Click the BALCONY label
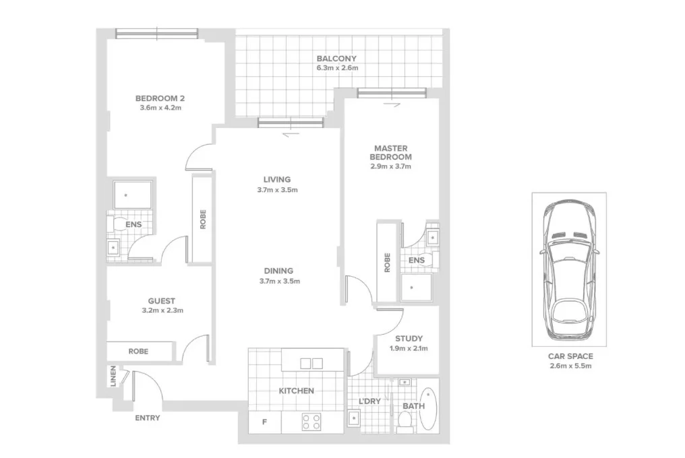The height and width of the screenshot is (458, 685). (336, 59)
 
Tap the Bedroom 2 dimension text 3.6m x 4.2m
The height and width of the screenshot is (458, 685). (160, 108)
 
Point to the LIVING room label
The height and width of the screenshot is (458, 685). (276, 180)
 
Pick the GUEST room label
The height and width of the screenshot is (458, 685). (162, 301)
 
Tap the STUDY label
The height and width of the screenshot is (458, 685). (409, 339)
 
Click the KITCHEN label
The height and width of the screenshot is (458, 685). (296, 391)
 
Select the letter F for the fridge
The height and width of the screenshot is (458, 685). (264, 422)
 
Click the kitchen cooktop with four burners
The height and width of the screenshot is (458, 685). (311, 422)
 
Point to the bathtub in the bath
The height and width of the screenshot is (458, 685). (429, 410)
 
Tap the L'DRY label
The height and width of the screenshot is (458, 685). (369, 401)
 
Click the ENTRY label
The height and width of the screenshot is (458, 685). (148, 418)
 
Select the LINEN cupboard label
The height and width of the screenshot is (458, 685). (113, 377)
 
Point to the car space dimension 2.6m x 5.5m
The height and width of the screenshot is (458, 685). (568, 366)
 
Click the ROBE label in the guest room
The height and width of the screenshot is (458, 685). (138, 352)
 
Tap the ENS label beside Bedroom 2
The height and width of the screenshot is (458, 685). (133, 224)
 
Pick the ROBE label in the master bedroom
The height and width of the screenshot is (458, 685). (387, 262)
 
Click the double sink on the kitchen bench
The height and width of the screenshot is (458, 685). (311, 363)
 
